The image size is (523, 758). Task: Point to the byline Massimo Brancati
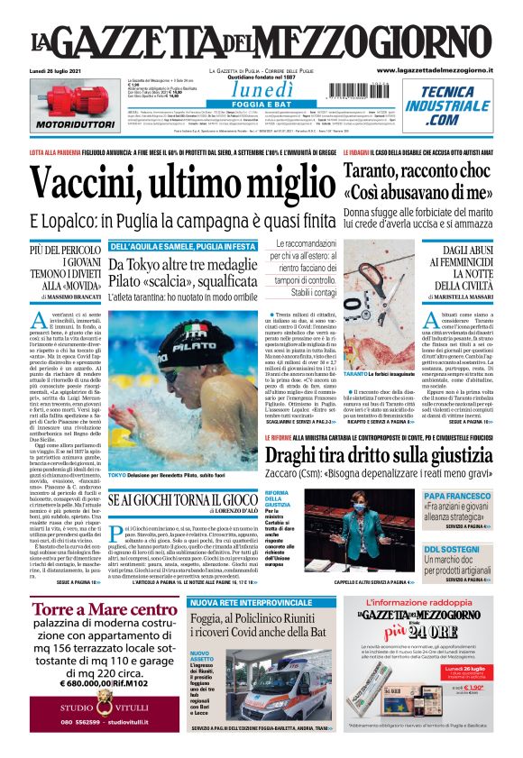61,297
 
